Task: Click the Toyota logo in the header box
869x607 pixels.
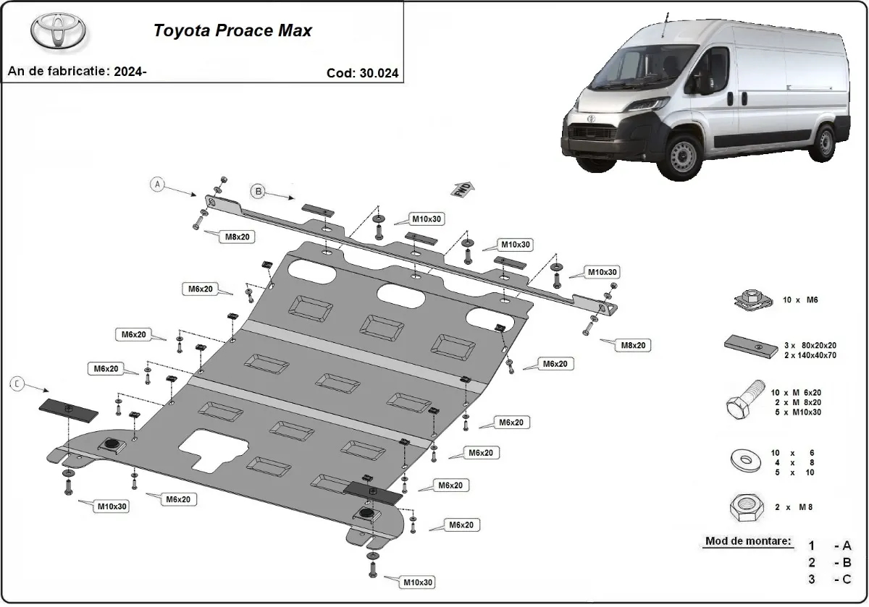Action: point(58,31)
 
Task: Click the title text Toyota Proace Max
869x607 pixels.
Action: point(232,31)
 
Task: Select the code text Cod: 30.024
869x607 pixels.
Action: point(362,73)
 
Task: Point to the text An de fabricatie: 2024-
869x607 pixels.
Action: point(77,72)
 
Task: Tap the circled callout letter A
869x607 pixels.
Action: point(157,184)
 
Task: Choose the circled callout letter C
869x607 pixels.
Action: point(17,385)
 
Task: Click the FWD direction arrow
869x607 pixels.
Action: point(463,189)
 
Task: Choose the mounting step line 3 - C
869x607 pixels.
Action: point(829,580)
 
